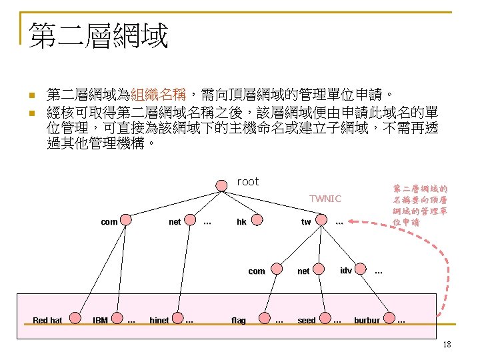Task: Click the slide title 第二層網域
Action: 97,36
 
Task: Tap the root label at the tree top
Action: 248,181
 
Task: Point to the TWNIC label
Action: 325,198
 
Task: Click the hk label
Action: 241,222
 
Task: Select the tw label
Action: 306,222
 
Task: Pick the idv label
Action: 346,270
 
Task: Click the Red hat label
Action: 47,321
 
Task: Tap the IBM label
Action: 100,321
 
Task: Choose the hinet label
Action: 159,321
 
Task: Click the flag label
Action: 238,321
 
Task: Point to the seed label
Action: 307,321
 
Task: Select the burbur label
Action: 367,321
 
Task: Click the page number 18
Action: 447,344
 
